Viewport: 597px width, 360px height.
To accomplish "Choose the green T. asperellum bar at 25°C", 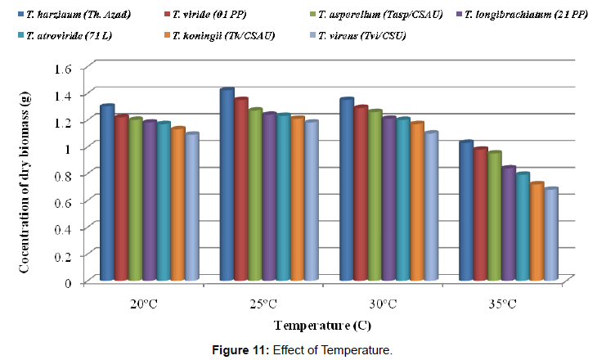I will click(254, 196).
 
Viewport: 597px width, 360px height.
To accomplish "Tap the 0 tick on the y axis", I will click(79, 281).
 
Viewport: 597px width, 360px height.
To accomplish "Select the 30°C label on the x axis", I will click(382, 304).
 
